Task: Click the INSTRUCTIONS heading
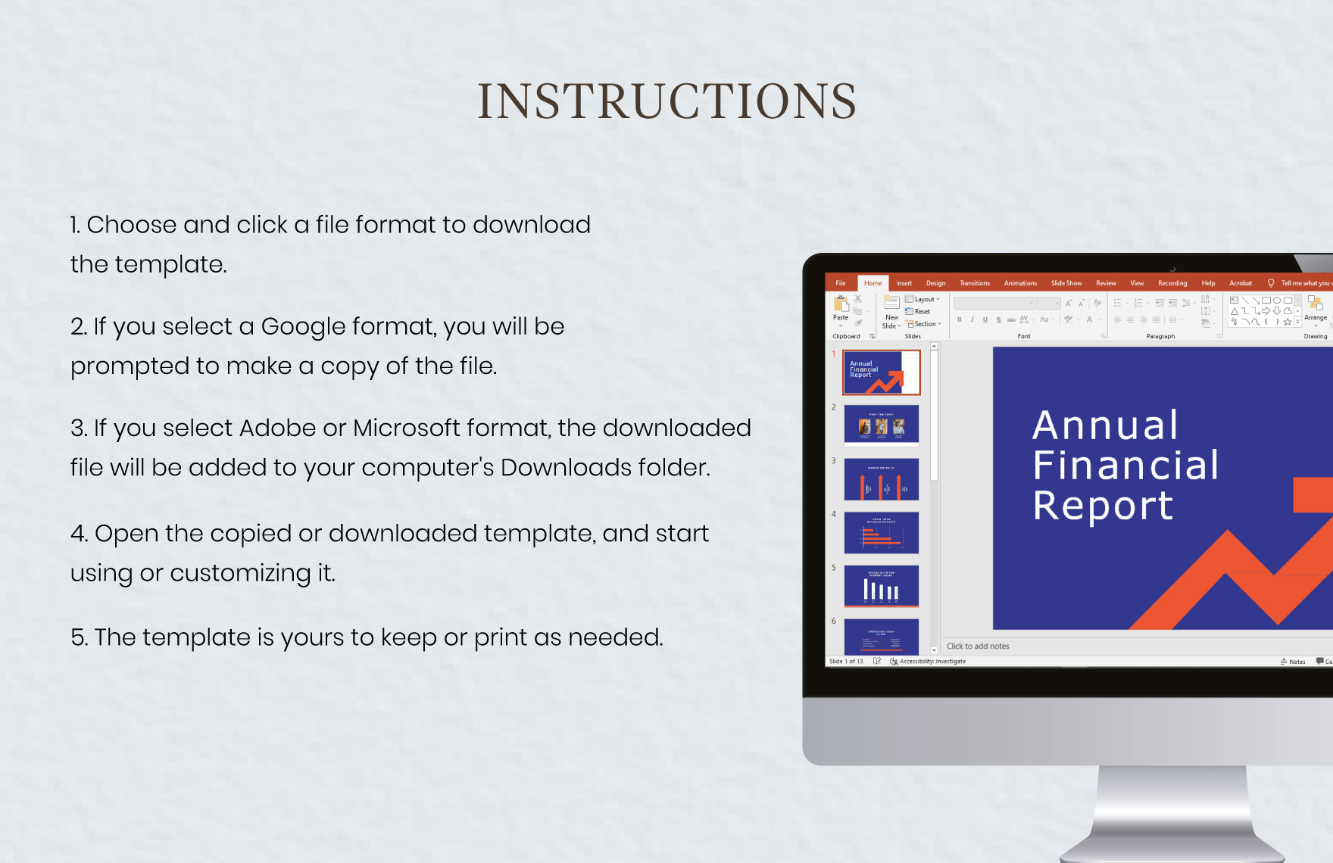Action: tap(666, 101)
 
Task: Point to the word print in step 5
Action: tap(500, 637)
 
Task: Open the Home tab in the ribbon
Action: tap(873, 283)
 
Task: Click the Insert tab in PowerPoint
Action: tap(904, 283)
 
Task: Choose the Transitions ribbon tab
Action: tap(974, 283)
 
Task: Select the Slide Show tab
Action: tap(1066, 283)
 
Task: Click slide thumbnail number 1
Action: tap(882, 372)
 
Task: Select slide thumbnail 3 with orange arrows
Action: tap(882, 479)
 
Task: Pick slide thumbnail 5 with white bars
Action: tap(882, 586)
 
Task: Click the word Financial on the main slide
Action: tap(1125, 465)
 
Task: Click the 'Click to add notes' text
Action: tap(978, 646)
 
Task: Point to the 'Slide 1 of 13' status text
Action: tap(846, 662)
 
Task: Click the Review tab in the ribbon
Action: tap(1106, 283)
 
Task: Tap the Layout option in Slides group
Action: tap(923, 300)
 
